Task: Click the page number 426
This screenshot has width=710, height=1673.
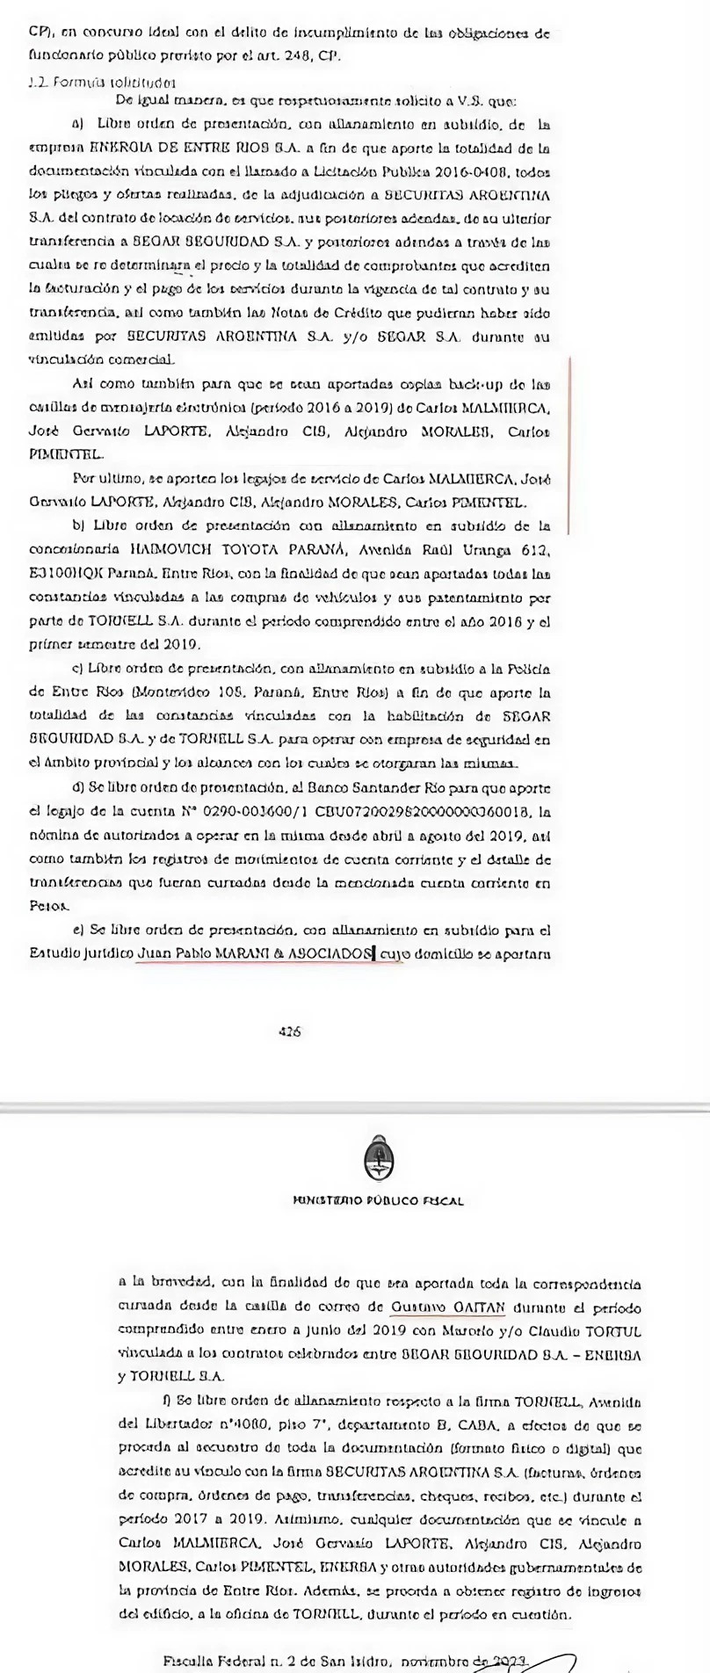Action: (289, 1032)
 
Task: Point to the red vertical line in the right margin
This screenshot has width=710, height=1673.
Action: (569, 445)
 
